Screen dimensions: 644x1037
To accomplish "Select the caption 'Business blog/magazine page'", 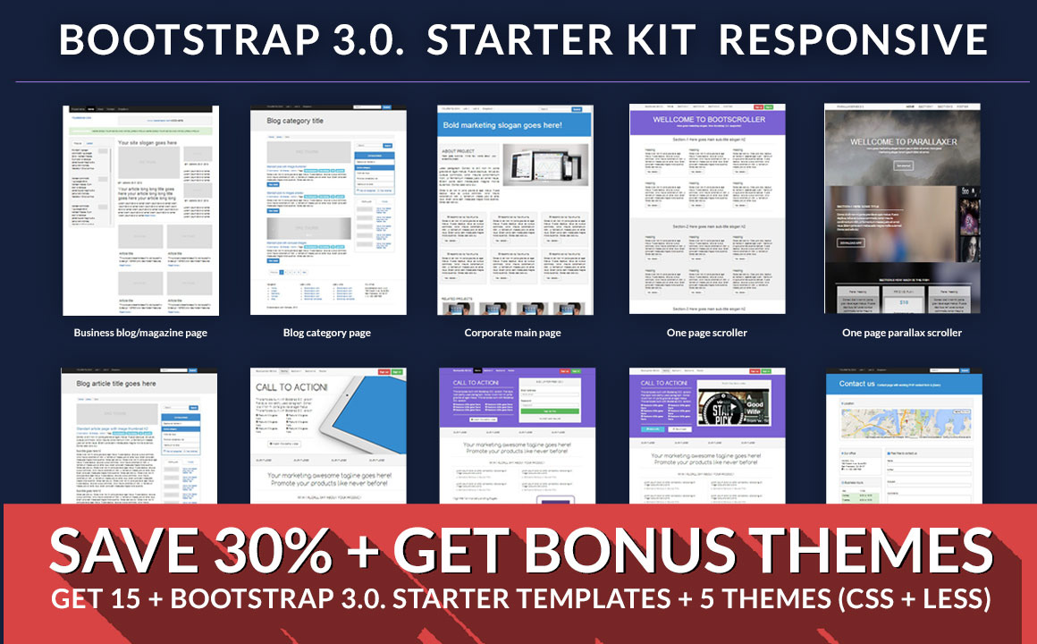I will [x=140, y=333].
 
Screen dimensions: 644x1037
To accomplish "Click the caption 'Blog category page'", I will [x=327, y=333].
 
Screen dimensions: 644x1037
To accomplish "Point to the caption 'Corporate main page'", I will [x=512, y=333].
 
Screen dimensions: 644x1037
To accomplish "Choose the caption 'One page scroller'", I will [x=706, y=333].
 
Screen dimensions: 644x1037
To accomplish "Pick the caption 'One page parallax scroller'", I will [x=901, y=333].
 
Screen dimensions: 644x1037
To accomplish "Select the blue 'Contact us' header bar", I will [x=901, y=384].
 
